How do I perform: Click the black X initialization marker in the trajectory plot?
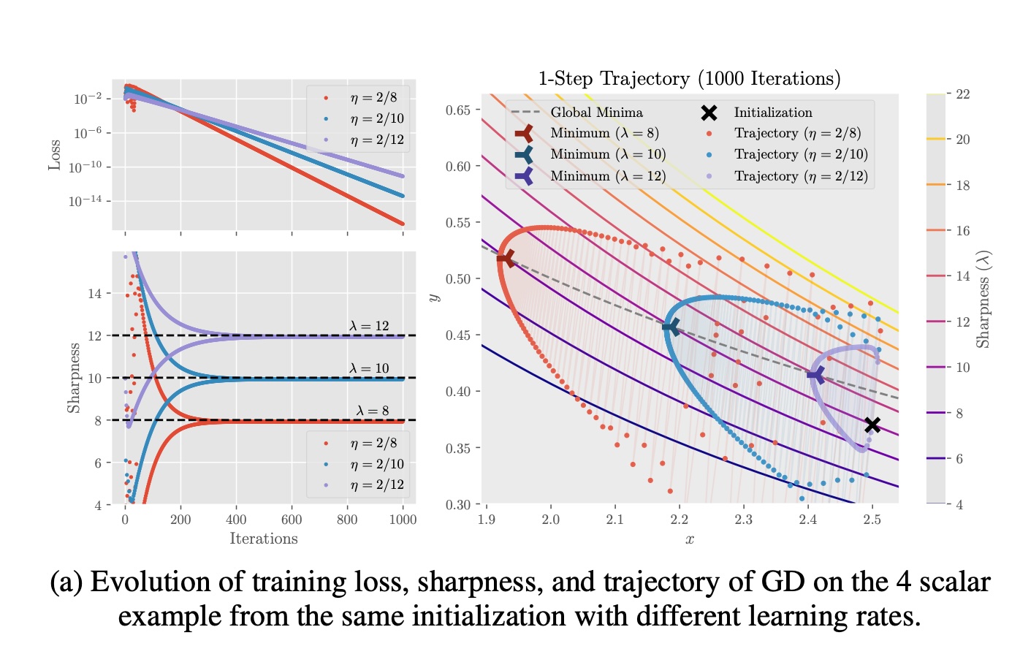(872, 425)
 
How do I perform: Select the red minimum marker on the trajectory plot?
(506, 258)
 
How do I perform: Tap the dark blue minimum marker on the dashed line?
(671, 327)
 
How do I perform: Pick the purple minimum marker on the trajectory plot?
(815, 375)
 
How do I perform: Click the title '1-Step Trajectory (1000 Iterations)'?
(689, 79)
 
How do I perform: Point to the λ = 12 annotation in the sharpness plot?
(369, 326)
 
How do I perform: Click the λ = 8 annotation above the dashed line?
(373, 411)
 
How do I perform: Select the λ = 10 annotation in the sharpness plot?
(369, 368)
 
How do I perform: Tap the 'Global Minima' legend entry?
(596, 113)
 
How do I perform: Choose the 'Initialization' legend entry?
(773, 113)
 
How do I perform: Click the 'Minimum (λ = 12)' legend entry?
(608, 176)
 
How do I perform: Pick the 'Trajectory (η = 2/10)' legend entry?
(801, 154)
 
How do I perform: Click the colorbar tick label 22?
(963, 94)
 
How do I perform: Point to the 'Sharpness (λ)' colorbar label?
(983, 299)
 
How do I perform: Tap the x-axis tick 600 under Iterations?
(292, 520)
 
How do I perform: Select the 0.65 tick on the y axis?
(458, 110)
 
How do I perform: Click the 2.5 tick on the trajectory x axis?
(872, 520)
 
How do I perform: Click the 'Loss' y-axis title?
(55, 156)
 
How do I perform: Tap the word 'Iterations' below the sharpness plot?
(264, 539)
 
